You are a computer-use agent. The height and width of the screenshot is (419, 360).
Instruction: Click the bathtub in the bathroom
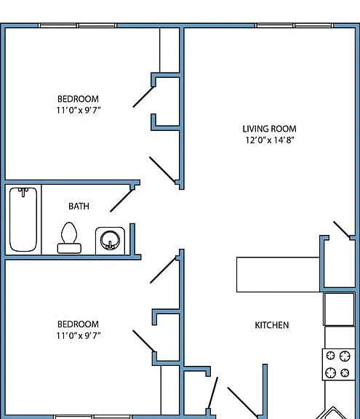(x=23, y=220)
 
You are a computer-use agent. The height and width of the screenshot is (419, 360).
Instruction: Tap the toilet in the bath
(x=69, y=238)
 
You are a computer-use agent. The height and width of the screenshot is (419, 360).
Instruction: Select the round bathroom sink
(x=110, y=240)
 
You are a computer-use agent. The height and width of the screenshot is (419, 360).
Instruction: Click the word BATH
(x=79, y=207)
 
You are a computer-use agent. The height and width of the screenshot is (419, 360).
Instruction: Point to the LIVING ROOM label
(x=270, y=129)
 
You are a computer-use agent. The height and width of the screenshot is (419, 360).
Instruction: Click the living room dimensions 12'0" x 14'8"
(x=270, y=140)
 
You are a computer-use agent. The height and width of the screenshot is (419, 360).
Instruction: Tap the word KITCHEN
(x=272, y=325)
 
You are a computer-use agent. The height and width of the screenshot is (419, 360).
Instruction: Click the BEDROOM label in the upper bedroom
(x=78, y=99)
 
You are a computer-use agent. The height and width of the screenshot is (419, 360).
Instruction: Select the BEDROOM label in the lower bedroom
(x=78, y=324)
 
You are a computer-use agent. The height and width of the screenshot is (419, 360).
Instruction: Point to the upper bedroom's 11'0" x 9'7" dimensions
(x=79, y=110)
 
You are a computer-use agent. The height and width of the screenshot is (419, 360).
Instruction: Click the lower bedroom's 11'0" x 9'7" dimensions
(x=79, y=335)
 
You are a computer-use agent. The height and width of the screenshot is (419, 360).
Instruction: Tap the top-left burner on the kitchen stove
(x=331, y=356)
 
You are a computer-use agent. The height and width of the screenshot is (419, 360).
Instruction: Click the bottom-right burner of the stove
(x=345, y=372)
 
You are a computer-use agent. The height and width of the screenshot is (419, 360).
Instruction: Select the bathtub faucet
(x=23, y=192)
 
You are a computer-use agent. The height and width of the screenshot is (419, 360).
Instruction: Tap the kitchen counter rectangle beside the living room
(x=278, y=275)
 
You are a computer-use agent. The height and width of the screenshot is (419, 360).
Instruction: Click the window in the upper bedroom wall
(x=78, y=25)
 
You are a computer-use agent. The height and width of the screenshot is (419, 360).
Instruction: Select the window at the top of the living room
(x=294, y=25)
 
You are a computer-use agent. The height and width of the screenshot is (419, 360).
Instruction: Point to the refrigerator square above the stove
(x=339, y=309)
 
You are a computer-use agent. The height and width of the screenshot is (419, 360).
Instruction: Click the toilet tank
(x=69, y=249)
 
